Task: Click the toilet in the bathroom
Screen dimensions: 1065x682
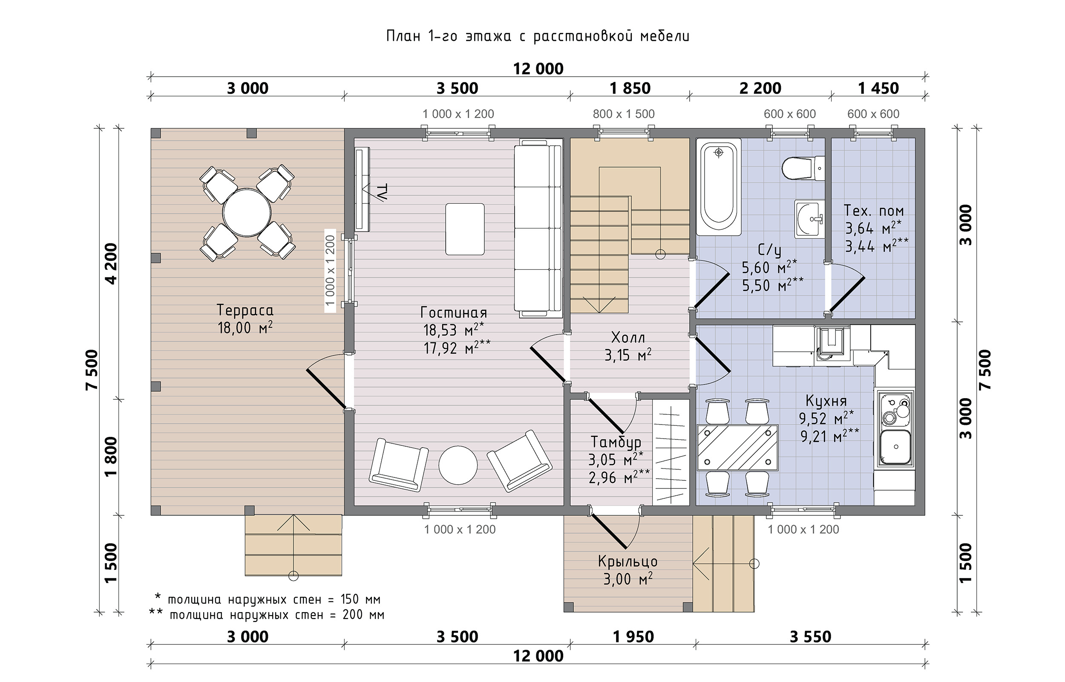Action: pyautogui.click(x=803, y=168)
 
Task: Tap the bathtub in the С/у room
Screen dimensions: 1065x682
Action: pyautogui.click(x=719, y=187)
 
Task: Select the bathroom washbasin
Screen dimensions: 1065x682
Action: pyautogui.click(x=809, y=219)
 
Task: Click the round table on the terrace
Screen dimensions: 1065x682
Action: pyautogui.click(x=247, y=213)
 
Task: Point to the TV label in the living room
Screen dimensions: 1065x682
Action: pyautogui.click(x=381, y=192)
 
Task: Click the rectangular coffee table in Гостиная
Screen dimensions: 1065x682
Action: pyautogui.click(x=465, y=229)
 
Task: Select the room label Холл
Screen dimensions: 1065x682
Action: pyautogui.click(x=628, y=338)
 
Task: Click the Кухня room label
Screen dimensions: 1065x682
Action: pyautogui.click(x=826, y=401)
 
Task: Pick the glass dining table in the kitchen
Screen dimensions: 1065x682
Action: pyautogui.click(x=737, y=447)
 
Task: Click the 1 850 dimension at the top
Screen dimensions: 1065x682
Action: pyautogui.click(x=630, y=88)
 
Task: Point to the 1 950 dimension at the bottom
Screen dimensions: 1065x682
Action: pyautogui.click(x=633, y=637)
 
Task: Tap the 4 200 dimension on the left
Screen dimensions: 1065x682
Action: pyautogui.click(x=111, y=263)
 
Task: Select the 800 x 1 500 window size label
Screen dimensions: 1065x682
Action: pyautogui.click(x=623, y=114)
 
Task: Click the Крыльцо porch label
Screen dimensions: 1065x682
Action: pyautogui.click(x=627, y=561)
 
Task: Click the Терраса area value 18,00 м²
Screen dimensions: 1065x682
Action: pyautogui.click(x=245, y=328)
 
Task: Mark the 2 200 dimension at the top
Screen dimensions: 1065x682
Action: pyautogui.click(x=760, y=88)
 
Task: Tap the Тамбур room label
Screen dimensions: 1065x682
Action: pyautogui.click(x=616, y=442)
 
